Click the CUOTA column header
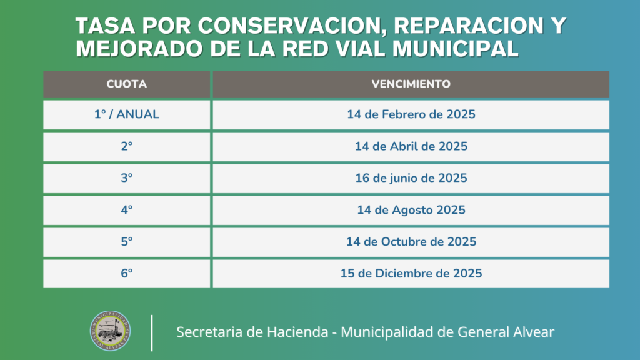click(x=126, y=84)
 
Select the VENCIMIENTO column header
click(x=411, y=84)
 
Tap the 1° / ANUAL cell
click(x=126, y=115)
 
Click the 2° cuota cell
click(x=126, y=146)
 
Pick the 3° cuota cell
click(x=126, y=178)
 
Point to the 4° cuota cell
click(x=126, y=210)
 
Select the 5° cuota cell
click(x=126, y=242)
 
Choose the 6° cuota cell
click(x=126, y=274)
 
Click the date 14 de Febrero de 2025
click(x=411, y=114)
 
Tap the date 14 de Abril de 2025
click(x=411, y=146)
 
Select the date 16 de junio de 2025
click(x=411, y=178)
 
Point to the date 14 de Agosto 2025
click(x=411, y=210)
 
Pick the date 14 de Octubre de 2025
click(x=411, y=242)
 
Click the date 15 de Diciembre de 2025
click(x=411, y=274)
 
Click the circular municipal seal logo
click(x=110, y=331)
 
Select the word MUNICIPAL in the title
click(x=455, y=49)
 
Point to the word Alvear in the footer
click(x=533, y=332)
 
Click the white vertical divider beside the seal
click(x=152, y=333)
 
